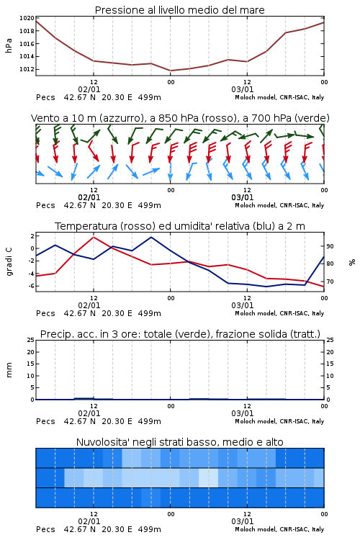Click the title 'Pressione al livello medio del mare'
pyautogui.click(x=179, y=10)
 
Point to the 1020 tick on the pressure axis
pyautogui.click(x=27, y=18)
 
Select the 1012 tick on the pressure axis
pyautogui.click(x=27, y=69)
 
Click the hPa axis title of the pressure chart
pyautogui.click(x=9, y=45)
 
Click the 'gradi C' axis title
pyautogui.click(x=9, y=261)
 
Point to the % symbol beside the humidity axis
pyautogui.click(x=352, y=262)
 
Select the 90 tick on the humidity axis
pyautogui.click(x=330, y=246)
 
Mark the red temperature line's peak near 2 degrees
pyautogui.click(x=94, y=237)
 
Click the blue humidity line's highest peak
pyautogui.click(x=151, y=237)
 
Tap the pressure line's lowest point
pyautogui.click(x=171, y=71)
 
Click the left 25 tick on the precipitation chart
pyautogui.click(x=30, y=340)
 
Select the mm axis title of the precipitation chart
pyautogui.click(x=9, y=370)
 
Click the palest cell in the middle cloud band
pyautogui.click(x=208, y=477)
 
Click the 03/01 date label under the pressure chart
pyautogui.click(x=243, y=89)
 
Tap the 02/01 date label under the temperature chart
pyautogui.click(x=89, y=305)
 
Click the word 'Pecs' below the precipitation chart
pyautogui.click(x=45, y=421)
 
